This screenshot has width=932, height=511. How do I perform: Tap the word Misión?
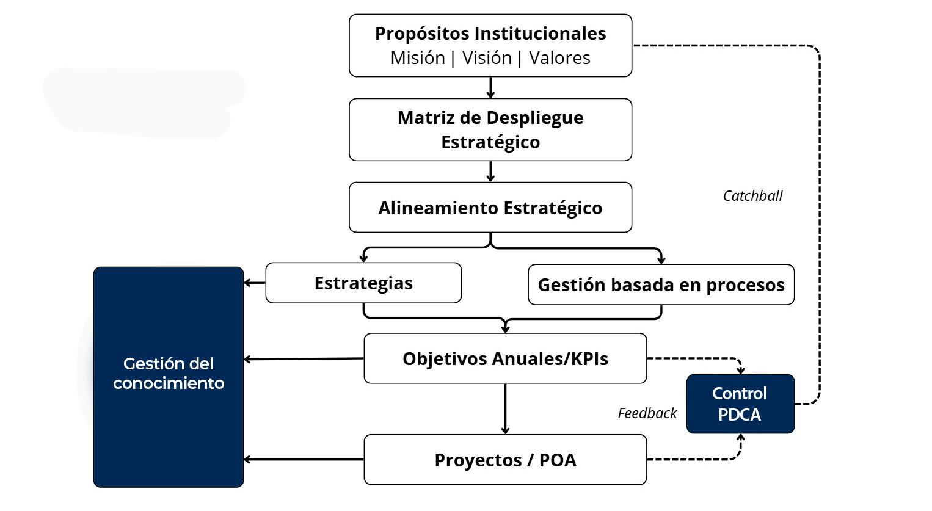pyautogui.click(x=418, y=58)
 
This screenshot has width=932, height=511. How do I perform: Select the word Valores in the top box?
pyautogui.click(x=559, y=58)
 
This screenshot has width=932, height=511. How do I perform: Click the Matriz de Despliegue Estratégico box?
pyautogui.click(x=490, y=129)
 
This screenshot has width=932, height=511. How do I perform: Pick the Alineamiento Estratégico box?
pyautogui.click(x=490, y=208)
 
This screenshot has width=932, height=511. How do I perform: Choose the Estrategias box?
pyautogui.click(x=363, y=283)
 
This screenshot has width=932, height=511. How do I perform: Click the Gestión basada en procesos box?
pyautogui.click(x=661, y=284)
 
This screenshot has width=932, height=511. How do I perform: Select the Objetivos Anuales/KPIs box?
pyautogui.click(x=505, y=358)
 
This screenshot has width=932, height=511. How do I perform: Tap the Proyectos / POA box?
pyautogui.click(x=505, y=460)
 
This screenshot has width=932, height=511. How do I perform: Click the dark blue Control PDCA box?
pyautogui.click(x=740, y=404)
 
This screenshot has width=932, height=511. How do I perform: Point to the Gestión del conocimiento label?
pyautogui.click(x=169, y=373)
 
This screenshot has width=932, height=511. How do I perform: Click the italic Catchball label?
pyautogui.click(x=752, y=196)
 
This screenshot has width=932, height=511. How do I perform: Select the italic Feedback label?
pyautogui.click(x=647, y=413)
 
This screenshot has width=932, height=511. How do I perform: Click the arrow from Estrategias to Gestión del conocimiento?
pyautogui.click(x=255, y=283)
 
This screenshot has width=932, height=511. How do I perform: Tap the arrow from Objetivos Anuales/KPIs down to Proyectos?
pyautogui.click(x=505, y=409)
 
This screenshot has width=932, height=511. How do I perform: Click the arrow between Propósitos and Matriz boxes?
pyautogui.click(x=490, y=87)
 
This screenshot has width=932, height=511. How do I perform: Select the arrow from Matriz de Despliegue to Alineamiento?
pyautogui.click(x=490, y=172)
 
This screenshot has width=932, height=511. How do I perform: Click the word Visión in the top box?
pyautogui.click(x=487, y=58)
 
